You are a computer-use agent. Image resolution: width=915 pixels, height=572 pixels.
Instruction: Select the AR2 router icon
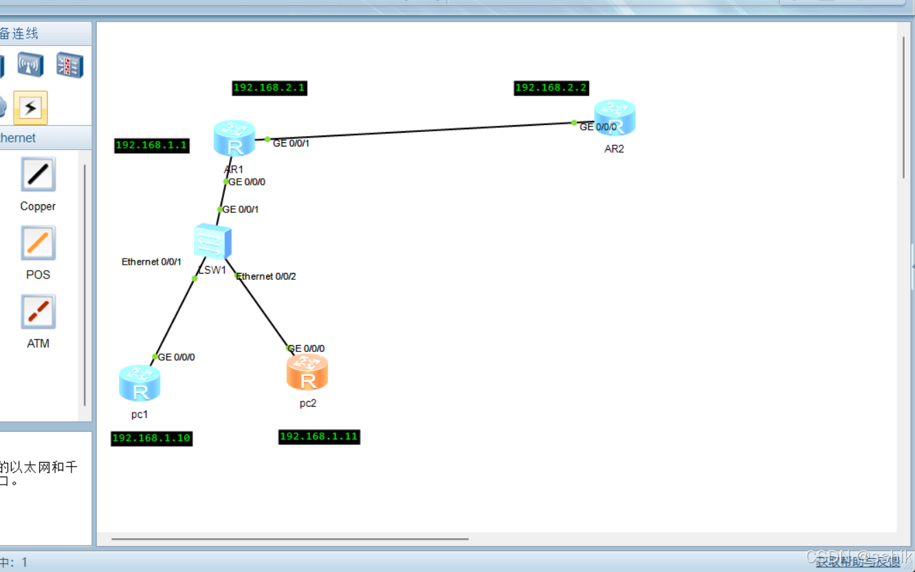(615, 118)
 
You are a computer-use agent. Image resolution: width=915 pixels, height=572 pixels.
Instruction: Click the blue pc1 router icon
(140, 383)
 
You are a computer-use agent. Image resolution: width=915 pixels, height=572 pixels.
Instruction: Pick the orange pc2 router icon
(307, 372)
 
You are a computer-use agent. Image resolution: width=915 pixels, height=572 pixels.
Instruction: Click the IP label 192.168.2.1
(269, 87)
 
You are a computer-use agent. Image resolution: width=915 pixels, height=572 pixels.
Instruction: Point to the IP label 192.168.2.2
(551, 87)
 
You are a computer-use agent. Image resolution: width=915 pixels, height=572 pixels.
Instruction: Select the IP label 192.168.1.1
(151, 145)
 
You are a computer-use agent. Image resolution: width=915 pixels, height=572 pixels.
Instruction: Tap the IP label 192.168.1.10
(151, 438)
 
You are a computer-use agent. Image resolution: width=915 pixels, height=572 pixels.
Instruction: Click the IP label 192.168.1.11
(319, 437)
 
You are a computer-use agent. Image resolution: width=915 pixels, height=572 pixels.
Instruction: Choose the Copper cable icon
(38, 174)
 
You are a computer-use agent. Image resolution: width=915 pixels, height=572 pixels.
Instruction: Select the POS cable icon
(38, 243)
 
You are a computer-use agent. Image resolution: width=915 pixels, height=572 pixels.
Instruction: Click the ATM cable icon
(38, 311)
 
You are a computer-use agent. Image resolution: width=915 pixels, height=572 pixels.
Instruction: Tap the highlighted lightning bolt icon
(30, 107)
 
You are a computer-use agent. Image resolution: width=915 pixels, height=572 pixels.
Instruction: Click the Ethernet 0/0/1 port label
(151, 262)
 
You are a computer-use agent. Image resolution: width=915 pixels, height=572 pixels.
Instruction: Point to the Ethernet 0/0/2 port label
(267, 276)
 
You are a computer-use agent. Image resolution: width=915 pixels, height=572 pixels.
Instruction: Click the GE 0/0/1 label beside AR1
(291, 144)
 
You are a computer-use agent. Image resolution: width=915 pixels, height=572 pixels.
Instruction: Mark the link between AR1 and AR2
(419, 131)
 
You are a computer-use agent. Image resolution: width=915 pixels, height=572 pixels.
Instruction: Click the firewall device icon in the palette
(69, 65)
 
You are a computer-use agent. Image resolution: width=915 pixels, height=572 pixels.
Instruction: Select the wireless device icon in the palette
(30, 65)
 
